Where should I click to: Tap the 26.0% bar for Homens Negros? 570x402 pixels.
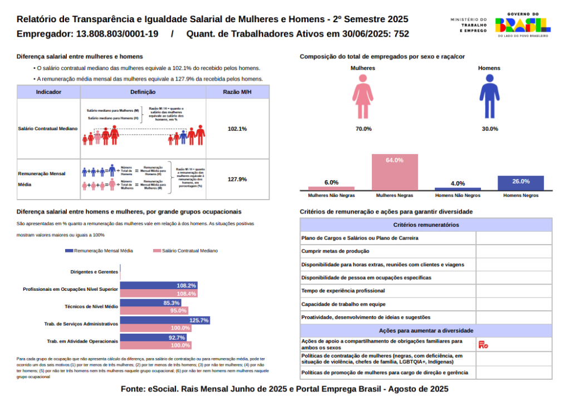520,183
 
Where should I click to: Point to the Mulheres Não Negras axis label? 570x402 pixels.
331,196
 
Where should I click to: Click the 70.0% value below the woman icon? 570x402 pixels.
363,129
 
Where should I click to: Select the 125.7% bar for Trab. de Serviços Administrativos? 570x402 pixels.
165,320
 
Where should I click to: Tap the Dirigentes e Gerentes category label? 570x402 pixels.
94,272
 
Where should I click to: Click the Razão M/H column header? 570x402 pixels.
237,92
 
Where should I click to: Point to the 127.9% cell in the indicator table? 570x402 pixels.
237,180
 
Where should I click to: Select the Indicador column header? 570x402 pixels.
48,92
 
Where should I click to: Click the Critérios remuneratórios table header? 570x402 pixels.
426,225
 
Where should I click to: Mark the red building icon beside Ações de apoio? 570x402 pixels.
483,345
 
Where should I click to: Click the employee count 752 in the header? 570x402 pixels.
401,34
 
